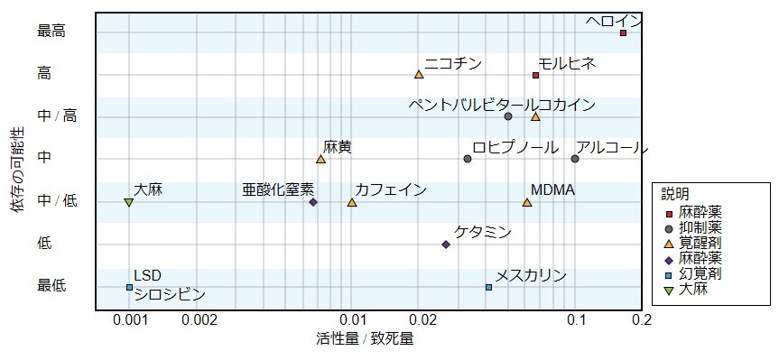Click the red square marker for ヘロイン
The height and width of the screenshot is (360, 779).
(623, 32)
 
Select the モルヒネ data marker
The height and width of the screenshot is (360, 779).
(535, 75)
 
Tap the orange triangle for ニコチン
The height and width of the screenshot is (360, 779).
(419, 75)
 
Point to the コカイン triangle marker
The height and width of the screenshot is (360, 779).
(535, 116)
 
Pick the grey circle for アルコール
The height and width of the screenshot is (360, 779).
(575, 159)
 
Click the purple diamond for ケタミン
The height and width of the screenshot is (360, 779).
(446, 244)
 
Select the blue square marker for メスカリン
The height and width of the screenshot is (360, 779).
(488, 287)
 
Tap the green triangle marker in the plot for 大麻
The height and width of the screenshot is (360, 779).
(128, 202)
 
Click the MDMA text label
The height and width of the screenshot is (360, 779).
(552, 189)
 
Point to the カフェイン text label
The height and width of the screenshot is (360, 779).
(390, 189)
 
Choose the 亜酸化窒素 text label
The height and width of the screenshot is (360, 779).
(278, 189)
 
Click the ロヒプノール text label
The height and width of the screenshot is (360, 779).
(513, 147)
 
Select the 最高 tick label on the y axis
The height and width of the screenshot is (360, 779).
(51, 32)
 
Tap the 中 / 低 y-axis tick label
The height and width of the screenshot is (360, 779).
(57, 200)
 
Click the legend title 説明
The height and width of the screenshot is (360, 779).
(675, 194)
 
